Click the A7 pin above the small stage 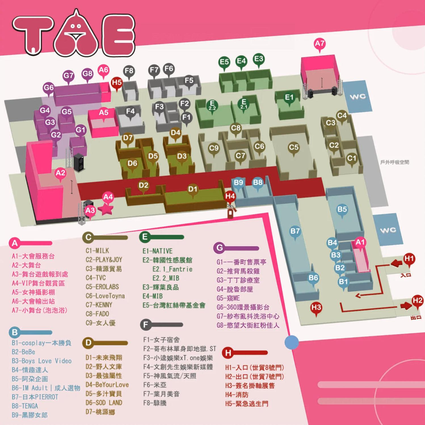[x=320, y=44]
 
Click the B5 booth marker [x=342, y=210]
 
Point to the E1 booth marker [x=289, y=98]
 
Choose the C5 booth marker [x=294, y=148]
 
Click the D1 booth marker [x=193, y=189]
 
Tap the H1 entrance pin [x=409, y=259]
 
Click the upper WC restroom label [x=357, y=97]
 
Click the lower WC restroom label [x=388, y=230]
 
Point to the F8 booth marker [x=129, y=71]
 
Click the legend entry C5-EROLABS [x=102, y=287]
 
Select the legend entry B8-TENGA [x=25, y=406]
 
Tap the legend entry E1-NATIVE [x=157, y=251]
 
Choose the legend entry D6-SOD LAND [x=104, y=403]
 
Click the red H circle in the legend [x=228, y=353]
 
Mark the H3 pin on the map [x=316, y=308]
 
